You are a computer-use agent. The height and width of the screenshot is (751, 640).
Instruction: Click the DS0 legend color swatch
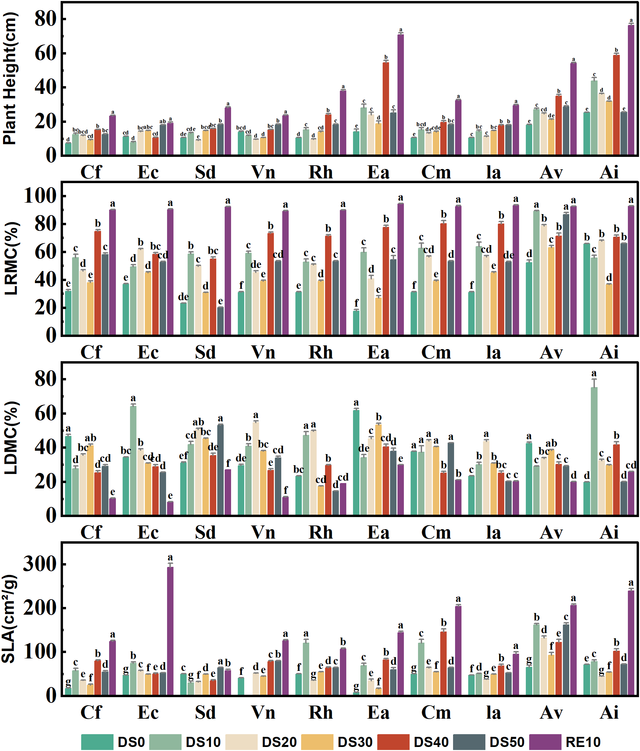(97, 742)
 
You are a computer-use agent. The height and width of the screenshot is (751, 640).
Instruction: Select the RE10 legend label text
(583, 742)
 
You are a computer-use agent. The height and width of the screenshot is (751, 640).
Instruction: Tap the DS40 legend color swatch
(393, 742)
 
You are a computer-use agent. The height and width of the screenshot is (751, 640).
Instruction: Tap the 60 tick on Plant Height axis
(45, 53)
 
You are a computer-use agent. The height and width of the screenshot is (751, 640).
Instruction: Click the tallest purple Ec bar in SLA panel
(170, 631)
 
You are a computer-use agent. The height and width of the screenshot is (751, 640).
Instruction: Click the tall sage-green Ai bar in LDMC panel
(594, 451)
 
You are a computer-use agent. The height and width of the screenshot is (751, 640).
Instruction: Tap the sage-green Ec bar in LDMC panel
(133, 460)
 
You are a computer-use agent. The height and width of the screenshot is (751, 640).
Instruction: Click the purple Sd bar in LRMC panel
(228, 270)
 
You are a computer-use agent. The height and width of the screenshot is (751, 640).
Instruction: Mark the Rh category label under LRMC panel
(321, 352)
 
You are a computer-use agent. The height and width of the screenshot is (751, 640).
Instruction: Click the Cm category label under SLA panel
(436, 712)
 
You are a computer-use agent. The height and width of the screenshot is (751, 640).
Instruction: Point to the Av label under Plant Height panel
(551, 172)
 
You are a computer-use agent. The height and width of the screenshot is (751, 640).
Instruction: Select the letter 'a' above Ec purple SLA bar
(170, 557)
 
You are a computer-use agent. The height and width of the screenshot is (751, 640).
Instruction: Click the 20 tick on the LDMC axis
(45, 482)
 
